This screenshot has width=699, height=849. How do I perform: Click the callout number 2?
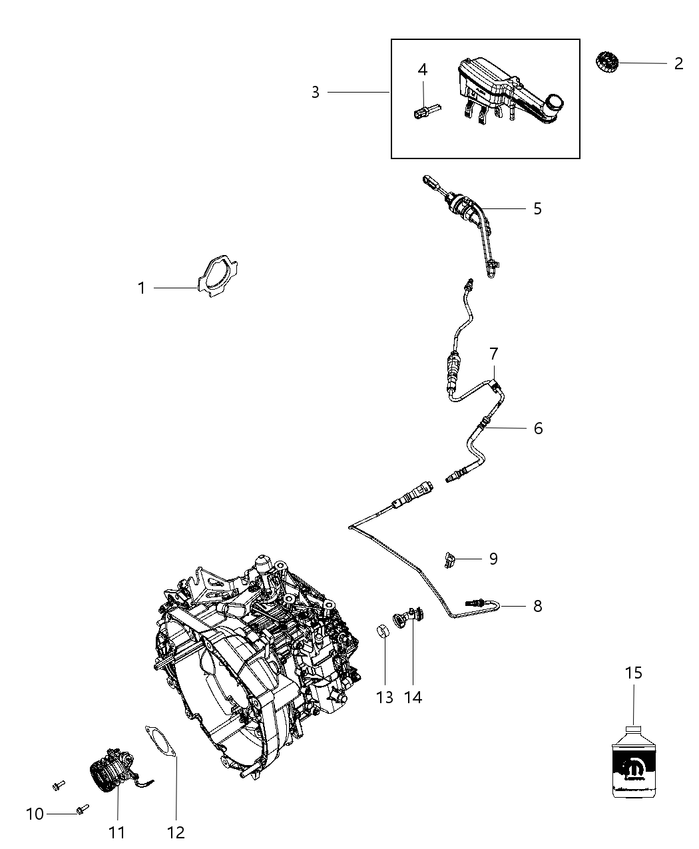pyautogui.click(x=678, y=64)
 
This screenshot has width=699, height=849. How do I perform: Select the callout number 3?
pyautogui.click(x=316, y=92)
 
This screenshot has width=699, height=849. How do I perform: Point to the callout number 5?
pyautogui.click(x=538, y=208)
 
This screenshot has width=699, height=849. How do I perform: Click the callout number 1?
pyautogui.click(x=141, y=288)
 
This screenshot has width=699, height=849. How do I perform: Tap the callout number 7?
pyautogui.click(x=494, y=354)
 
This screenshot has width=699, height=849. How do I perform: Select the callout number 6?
pyautogui.click(x=538, y=428)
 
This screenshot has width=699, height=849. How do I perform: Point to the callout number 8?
pyautogui.click(x=538, y=606)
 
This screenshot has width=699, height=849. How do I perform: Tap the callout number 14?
pyautogui.click(x=413, y=697)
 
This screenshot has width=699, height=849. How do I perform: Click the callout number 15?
pyautogui.click(x=634, y=673)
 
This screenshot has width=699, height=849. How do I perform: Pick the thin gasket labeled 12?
pyautogui.click(x=160, y=743)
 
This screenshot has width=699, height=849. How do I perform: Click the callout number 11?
pyautogui.click(x=117, y=832)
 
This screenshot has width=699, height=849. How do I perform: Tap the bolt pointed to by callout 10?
pyautogui.click(x=82, y=809)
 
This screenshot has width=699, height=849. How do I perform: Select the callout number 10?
pyautogui.click(x=35, y=814)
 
